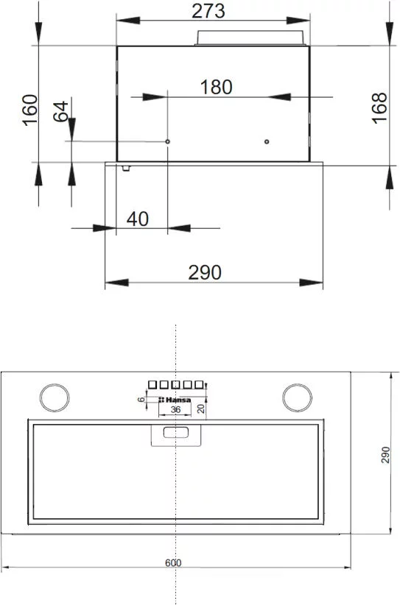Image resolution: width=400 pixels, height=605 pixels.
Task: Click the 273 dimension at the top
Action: coord(208,11)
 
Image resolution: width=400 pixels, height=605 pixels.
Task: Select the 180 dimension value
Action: coord(217,87)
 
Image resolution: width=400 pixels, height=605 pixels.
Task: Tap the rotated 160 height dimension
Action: coord(30,110)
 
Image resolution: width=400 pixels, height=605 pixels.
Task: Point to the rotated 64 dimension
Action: coord(60,112)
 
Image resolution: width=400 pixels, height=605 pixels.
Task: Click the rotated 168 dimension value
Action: coord(379,108)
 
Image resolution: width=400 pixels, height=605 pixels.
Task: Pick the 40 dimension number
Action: coord(138,219)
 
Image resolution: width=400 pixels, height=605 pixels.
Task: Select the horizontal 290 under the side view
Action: coord(205,272)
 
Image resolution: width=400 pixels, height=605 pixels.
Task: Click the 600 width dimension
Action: coord(173,563)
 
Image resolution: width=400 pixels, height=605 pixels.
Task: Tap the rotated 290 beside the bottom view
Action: coord(385,455)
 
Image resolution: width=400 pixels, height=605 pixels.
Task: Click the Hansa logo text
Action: coord(175,400)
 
